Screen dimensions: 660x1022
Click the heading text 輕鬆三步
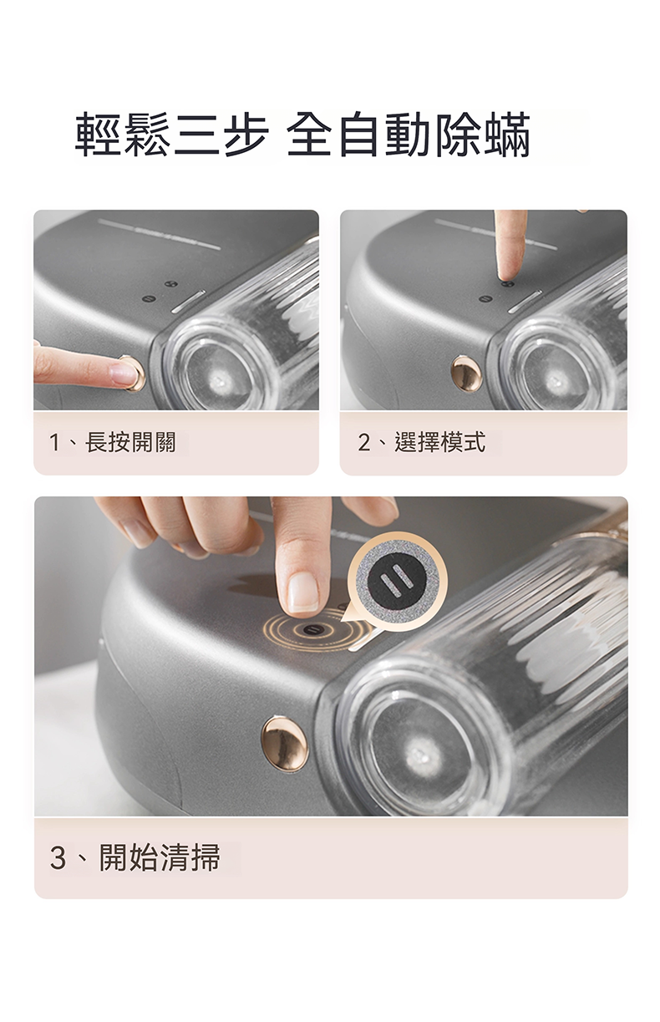pyautogui.click(x=171, y=135)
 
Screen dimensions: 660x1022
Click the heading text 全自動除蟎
pyautogui.click(x=409, y=135)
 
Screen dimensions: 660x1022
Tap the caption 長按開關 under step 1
pyautogui.click(x=130, y=442)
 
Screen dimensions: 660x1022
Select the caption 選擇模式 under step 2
pyautogui.click(x=439, y=442)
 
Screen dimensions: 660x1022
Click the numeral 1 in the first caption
pyautogui.click(x=55, y=443)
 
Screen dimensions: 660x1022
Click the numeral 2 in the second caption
pyautogui.click(x=364, y=443)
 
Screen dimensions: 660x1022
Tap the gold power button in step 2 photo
pyautogui.click(x=466, y=374)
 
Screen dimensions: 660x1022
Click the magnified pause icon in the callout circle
pyautogui.click(x=397, y=580)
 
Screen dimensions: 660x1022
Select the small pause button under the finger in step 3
pyautogui.click(x=314, y=631)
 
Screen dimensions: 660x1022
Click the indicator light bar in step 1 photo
pyautogui.click(x=188, y=301)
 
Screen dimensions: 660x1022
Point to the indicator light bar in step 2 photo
pyautogui.click(x=525, y=301)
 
